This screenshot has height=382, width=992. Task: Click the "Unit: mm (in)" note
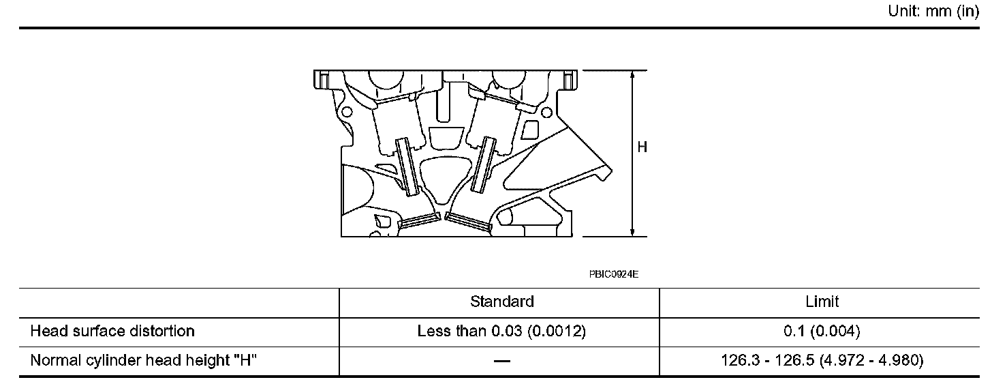(x=933, y=11)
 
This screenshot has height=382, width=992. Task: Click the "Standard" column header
(x=501, y=302)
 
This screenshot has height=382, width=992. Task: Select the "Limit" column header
(x=822, y=302)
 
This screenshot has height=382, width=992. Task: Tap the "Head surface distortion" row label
(x=112, y=331)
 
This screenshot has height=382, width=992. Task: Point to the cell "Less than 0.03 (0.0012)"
(x=501, y=331)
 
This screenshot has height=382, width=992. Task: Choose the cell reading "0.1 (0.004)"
(x=822, y=331)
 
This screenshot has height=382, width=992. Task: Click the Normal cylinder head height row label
(x=144, y=360)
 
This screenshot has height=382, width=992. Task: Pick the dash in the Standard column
(x=501, y=361)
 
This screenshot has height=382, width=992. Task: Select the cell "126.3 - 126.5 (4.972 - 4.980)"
(x=822, y=360)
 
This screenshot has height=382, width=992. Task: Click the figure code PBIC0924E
(x=614, y=274)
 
